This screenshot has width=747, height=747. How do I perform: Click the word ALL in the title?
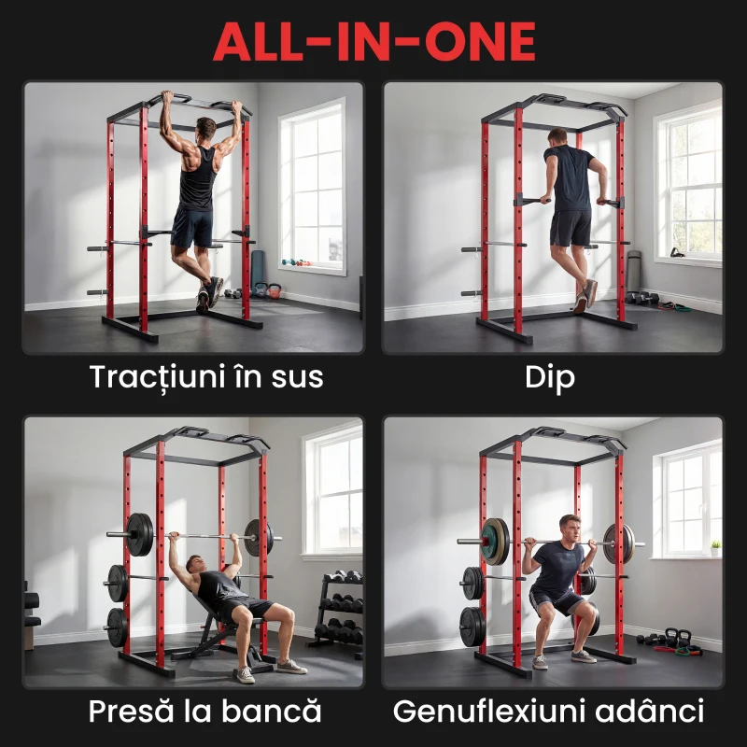[x=265, y=40]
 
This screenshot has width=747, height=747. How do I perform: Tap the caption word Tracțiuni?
[x=161, y=377]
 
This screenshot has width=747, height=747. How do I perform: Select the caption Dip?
[x=551, y=377]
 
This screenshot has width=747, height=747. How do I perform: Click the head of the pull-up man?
[x=205, y=128]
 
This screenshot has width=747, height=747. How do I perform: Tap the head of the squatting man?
[x=569, y=525]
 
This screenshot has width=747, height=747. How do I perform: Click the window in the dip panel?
[x=688, y=182]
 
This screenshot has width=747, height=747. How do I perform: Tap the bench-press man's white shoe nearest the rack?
[x=245, y=674]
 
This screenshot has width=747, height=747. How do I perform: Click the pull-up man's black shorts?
[x=192, y=227]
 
